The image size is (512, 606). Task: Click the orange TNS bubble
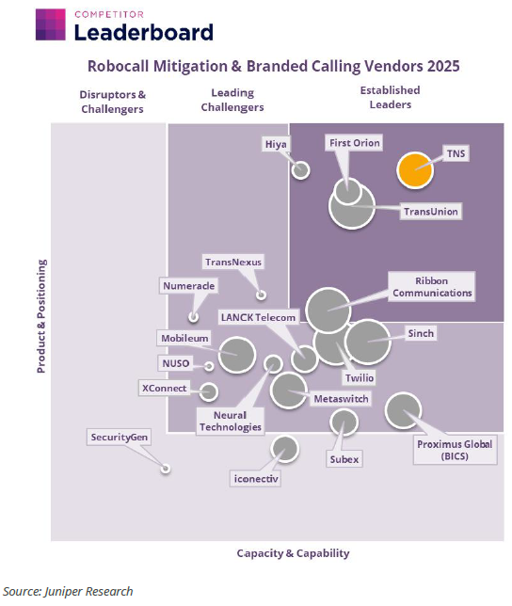(x=415, y=170)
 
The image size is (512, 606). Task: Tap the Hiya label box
(x=276, y=144)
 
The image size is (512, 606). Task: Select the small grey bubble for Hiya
(x=300, y=169)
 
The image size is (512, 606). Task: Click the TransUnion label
(x=431, y=212)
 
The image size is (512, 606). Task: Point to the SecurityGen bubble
(x=166, y=469)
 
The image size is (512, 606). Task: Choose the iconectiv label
(x=256, y=479)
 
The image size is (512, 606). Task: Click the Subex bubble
(x=344, y=422)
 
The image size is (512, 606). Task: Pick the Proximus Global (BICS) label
(x=455, y=450)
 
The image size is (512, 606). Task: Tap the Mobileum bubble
(x=237, y=355)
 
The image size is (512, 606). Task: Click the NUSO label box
(x=176, y=363)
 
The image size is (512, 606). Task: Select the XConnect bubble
(x=209, y=391)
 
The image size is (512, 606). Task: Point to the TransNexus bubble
(x=262, y=295)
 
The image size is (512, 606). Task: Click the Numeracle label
(x=189, y=286)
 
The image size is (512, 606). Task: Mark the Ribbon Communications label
(x=432, y=287)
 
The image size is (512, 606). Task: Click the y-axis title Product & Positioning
(x=41, y=316)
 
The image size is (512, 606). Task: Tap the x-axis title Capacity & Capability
(x=294, y=553)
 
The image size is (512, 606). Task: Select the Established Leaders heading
(x=391, y=98)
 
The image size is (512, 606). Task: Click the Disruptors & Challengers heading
(x=112, y=102)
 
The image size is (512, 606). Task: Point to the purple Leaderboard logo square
(x=51, y=24)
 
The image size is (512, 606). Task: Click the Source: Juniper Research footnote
(x=68, y=591)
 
